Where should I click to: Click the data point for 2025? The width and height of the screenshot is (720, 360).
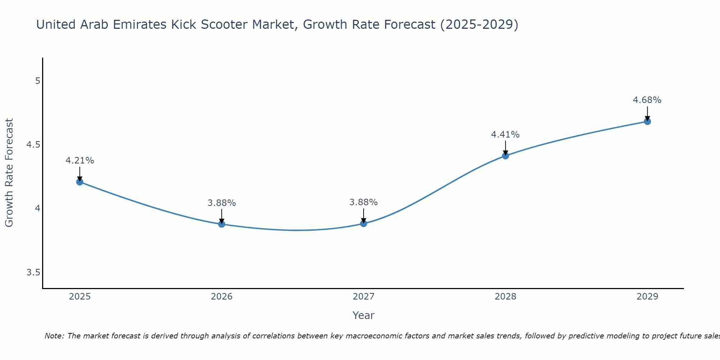[80, 182]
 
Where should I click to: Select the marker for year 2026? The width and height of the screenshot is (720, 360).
[221, 224]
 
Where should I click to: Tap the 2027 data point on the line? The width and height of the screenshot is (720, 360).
[364, 224]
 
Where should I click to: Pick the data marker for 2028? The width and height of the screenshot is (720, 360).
[505, 156]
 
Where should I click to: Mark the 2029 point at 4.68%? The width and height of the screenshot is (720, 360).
[647, 121]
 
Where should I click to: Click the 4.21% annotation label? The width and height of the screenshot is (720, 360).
[80, 161]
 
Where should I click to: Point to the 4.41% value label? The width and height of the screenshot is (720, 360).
[505, 135]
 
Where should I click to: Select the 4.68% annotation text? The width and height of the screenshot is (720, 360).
[647, 100]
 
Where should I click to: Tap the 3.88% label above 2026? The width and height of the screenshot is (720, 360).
[221, 203]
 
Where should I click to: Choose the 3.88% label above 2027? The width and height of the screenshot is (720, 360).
[363, 202]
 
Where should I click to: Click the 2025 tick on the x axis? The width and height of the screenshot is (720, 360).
[80, 297]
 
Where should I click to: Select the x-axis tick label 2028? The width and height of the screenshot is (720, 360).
[505, 297]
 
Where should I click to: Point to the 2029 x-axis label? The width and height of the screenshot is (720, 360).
[647, 297]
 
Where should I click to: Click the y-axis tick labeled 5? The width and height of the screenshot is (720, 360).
[37, 81]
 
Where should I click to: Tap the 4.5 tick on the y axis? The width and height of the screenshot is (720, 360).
[33, 145]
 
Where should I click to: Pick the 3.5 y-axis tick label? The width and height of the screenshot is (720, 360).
[33, 273]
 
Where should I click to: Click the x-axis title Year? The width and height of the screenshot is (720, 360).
[363, 315]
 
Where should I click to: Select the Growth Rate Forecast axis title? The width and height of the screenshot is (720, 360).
[9, 173]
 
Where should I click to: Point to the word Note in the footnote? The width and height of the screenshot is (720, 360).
[54, 336]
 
